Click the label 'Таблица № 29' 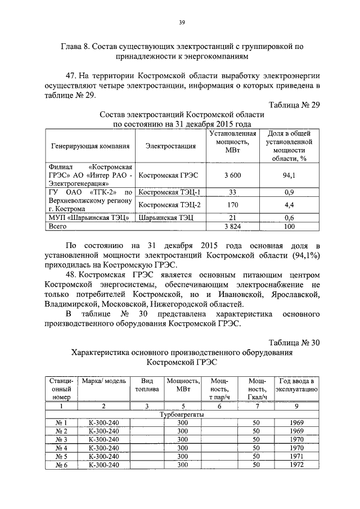(x=294, y=106)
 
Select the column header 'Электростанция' (x=170, y=146)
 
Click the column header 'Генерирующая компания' (x=90, y=146)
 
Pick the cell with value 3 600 (x=232, y=175)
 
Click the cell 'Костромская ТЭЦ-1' (x=170, y=192)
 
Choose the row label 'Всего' (x=58, y=226)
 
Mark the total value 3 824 (x=232, y=226)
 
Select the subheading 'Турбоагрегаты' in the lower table (x=182, y=415)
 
